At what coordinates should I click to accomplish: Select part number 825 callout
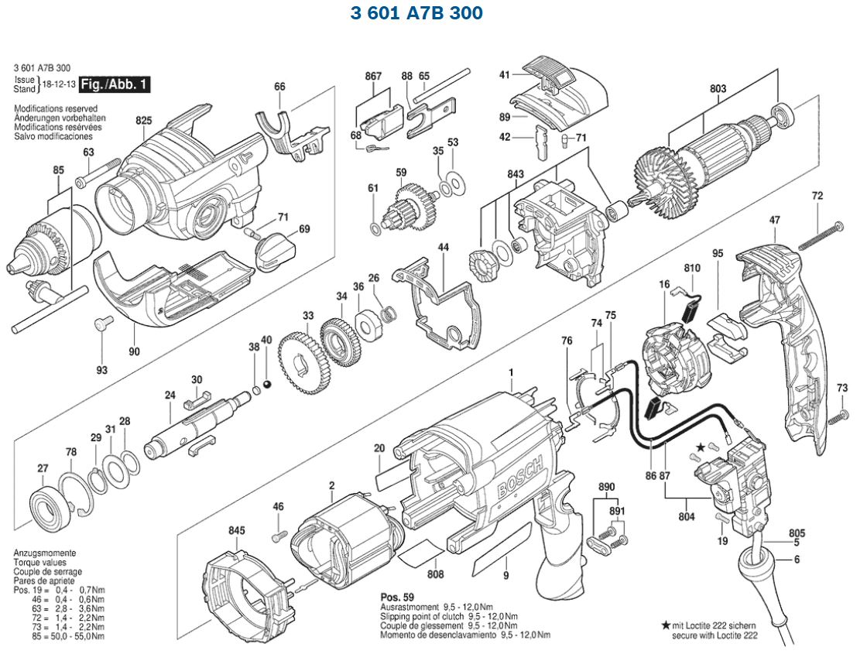click(x=143, y=121)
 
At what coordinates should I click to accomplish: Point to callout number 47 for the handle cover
click(x=774, y=221)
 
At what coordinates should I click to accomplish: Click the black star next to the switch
click(x=701, y=447)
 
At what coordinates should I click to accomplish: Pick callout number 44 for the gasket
click(x=444, y=247)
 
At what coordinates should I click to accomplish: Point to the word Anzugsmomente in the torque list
click(x=44, y=553)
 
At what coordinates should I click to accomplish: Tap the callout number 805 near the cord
click(x=797, y=533)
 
